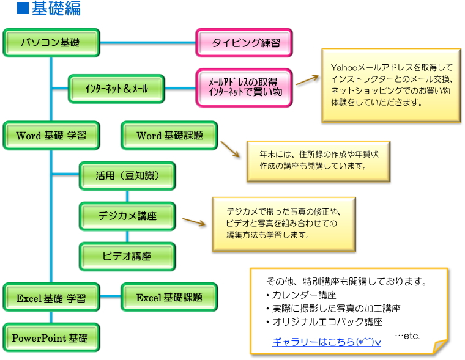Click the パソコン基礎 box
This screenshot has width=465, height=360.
click(51, 43)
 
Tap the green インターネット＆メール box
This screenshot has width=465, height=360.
click(116, 89)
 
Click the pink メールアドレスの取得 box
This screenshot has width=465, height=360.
click(244, 86)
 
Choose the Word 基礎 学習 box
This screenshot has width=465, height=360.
click(51, 136)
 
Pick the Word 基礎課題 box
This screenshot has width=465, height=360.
click(169, 136)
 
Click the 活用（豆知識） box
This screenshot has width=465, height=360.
click(127, 176)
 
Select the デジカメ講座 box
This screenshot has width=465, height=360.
click(127, 216)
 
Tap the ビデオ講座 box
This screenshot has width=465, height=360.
click(127, 256)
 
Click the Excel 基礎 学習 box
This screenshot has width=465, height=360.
click(51, 298)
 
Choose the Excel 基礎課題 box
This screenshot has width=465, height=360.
click(169, 298)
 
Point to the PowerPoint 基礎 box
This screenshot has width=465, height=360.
click(51, 337)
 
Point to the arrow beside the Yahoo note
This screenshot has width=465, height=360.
click(308, 80)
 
